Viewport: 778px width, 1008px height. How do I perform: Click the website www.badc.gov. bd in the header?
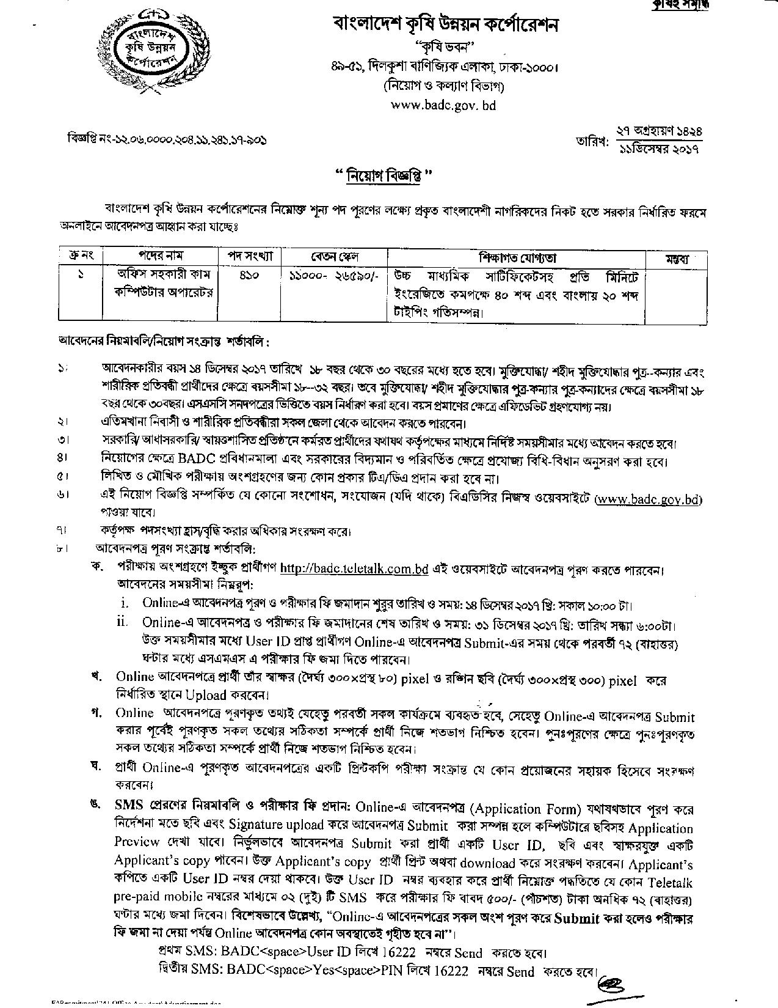tap(443, 105)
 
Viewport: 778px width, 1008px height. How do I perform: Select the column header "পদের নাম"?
tap(160, 256)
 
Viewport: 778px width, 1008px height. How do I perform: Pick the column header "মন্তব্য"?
tap(677, 259)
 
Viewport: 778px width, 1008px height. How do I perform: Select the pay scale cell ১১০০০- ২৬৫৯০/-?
tap(334, 276)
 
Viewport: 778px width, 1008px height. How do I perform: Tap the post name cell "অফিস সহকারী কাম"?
tap(160, 276)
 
